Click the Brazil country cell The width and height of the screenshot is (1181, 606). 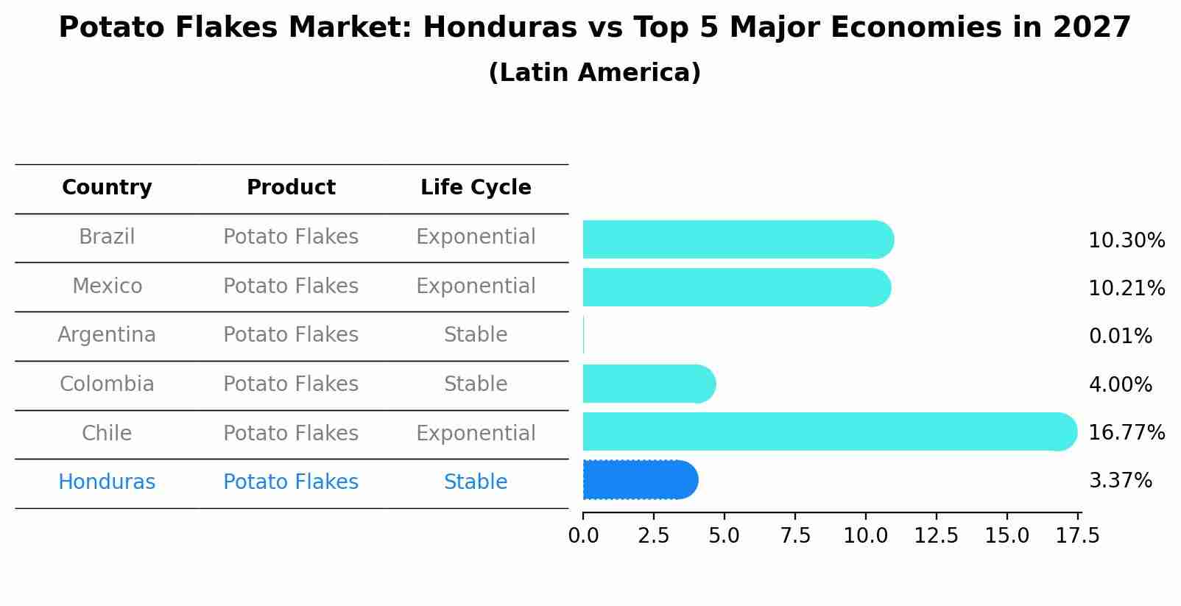(x=107, y=237)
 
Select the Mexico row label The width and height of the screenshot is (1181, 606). (x=107, y=286)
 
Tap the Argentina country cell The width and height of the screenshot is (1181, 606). (x=107, y=335)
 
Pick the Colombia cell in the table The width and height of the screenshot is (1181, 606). (x=107, y=384)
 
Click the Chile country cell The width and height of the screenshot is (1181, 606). (x=107, y=434)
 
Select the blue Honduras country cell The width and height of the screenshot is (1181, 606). (x=107, y=482)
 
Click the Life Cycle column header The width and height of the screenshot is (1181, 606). (x=476, y=188)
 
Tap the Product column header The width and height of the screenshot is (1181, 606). (x=291, y=188)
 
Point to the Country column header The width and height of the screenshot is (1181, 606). (x=107, y=188)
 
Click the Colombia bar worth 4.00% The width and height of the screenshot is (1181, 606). (x=648, y=384)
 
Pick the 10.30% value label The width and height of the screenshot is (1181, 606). (x=1126, y=241)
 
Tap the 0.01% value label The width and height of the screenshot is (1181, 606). (x=1120, y=337)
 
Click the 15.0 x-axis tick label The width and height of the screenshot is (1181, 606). (x=1007, y=536)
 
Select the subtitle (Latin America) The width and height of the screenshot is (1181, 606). (x=594, y=73)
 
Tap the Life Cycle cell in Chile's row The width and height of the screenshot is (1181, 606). (x=476, y=434)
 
